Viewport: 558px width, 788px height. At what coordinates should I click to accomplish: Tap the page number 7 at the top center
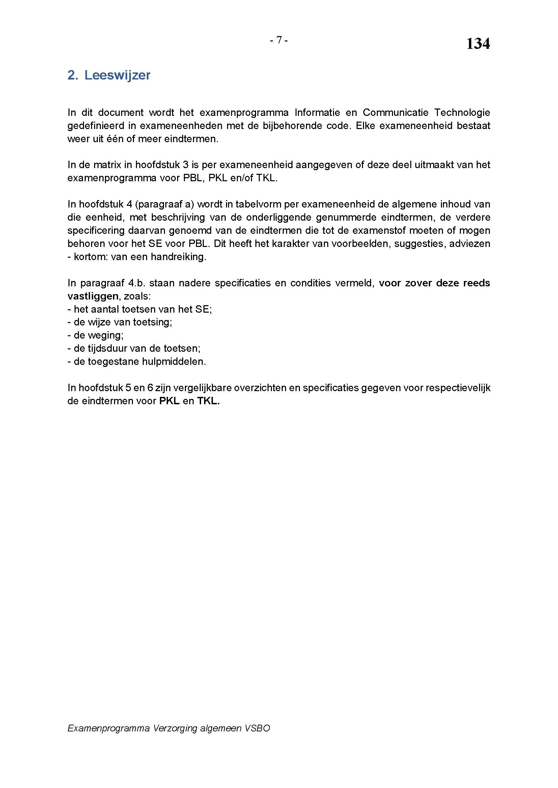point(279,40)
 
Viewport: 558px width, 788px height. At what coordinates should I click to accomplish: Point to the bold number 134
point(478,44)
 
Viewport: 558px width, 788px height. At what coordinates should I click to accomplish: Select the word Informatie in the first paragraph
point(317,112)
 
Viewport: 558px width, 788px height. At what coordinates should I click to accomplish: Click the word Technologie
point(462,112)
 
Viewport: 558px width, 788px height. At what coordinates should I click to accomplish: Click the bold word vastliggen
point(93,296)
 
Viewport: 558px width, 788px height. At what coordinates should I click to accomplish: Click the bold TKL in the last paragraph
point(208,401)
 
